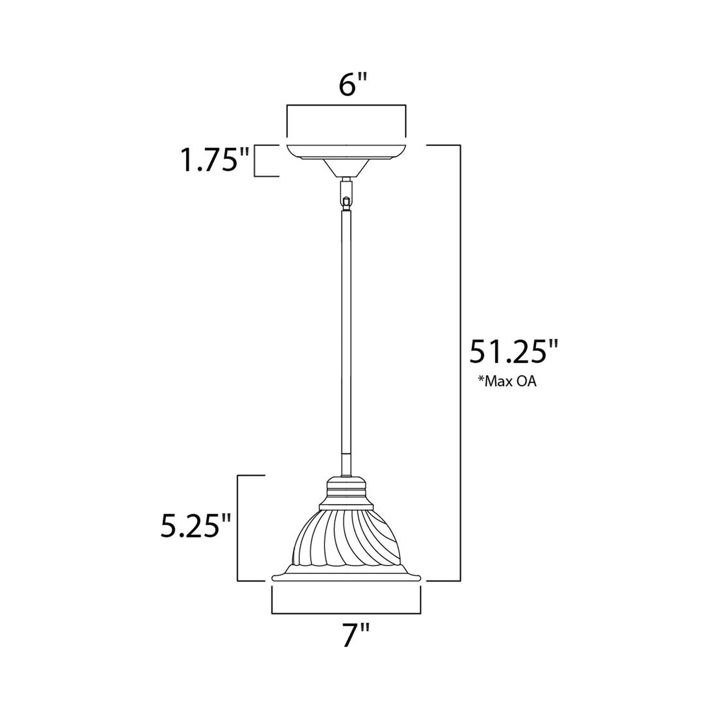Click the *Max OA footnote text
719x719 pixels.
[x=507, y=383]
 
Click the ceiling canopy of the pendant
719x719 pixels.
[x=346, y=154]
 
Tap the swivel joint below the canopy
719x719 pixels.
[x=346, y=194]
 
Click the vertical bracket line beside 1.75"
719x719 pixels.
[x=255, y=160]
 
